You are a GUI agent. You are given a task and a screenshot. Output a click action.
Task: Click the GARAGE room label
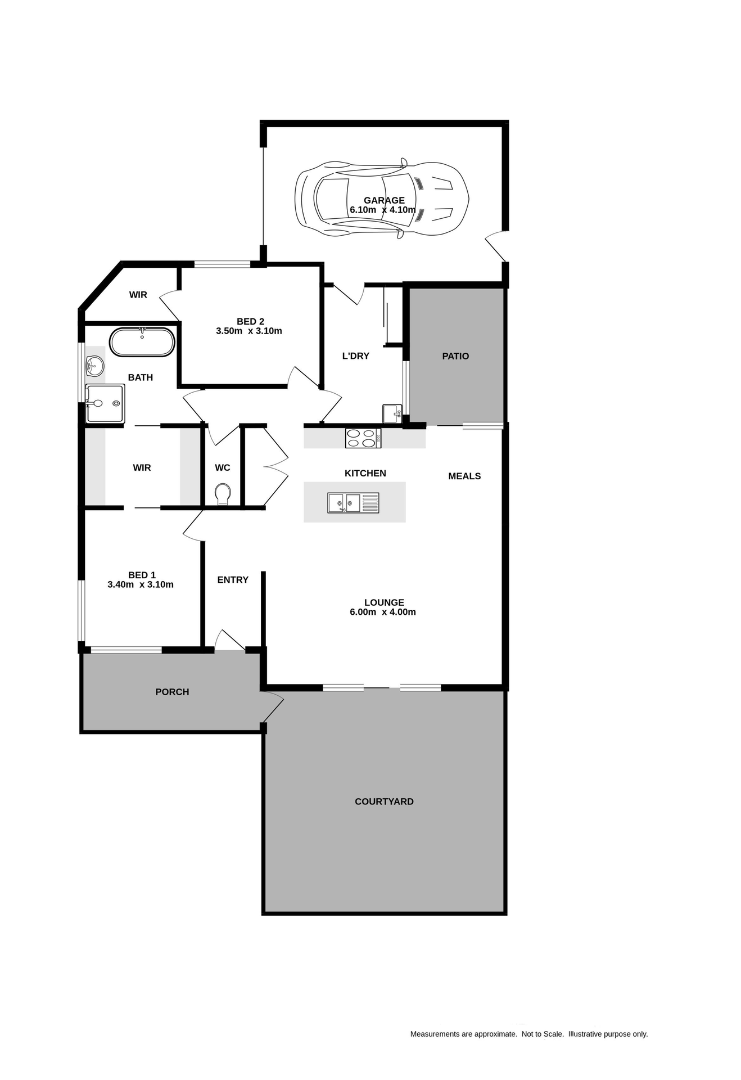click(x=384, y=200)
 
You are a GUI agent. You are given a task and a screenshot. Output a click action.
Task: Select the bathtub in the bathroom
click(x=142, y=342)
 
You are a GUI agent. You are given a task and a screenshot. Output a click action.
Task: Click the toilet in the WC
click(x=223, y=494)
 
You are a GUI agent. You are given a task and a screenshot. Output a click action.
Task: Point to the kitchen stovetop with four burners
click(x=363, y=438)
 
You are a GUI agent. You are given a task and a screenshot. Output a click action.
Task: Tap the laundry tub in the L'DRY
click(x=392, y=413)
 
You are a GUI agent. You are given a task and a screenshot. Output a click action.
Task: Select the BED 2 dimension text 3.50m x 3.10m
click(x=249, y=331)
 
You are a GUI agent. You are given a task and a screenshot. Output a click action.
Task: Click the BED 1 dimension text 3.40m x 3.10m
click(x=141, y=585)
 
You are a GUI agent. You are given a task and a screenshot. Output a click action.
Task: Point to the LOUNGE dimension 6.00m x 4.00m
click(x=383, y=613)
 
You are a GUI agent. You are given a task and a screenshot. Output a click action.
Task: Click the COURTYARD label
click(x=384, y=802)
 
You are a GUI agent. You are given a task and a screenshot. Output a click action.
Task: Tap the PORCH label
click(x=172, y=692)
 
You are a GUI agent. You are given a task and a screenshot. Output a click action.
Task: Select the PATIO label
click(x=455, y=356)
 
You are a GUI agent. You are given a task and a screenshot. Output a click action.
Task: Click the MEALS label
click(x=464, y=476)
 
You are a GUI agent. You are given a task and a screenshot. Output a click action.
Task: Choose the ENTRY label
click(x=233, y=580)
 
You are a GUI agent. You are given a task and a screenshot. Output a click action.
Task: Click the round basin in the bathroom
click(x=95, y=366)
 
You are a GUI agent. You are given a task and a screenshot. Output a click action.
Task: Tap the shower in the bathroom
click(x=105, y=403)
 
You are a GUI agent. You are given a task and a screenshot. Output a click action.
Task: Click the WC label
click(x=223, y=468)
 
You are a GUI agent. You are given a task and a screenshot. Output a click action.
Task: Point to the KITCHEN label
click(x=365, y=474)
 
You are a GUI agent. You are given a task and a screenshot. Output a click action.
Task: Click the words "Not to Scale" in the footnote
click(x=543, y=1034)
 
